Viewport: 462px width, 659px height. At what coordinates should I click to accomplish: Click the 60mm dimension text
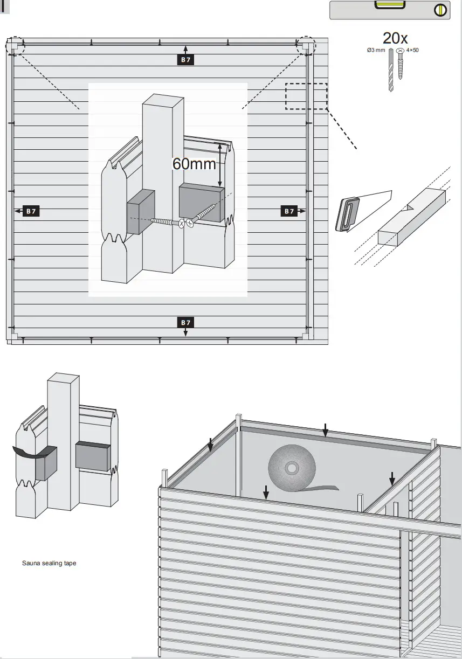pos(194,164)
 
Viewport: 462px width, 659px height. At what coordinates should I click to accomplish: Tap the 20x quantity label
pos(395,38)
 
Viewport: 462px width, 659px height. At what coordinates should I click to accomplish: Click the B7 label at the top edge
pos(185,60)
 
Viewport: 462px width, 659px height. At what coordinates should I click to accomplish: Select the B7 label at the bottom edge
pos(185,322)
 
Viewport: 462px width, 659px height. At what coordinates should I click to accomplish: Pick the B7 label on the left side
pos(31,211)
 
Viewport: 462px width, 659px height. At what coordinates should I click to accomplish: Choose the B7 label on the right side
pos(289,211)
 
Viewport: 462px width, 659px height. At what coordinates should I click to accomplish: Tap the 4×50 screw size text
pos(412,50)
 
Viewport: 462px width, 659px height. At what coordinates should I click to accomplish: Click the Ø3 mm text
pos(376,50)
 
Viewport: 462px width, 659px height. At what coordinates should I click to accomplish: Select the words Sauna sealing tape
pos(49,563)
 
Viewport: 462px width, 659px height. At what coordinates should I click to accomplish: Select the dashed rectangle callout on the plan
pos(306,96)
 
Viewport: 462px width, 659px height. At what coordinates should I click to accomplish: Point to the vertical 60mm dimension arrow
pos(219,164)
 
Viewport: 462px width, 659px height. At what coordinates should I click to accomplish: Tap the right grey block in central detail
pos(201,202)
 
